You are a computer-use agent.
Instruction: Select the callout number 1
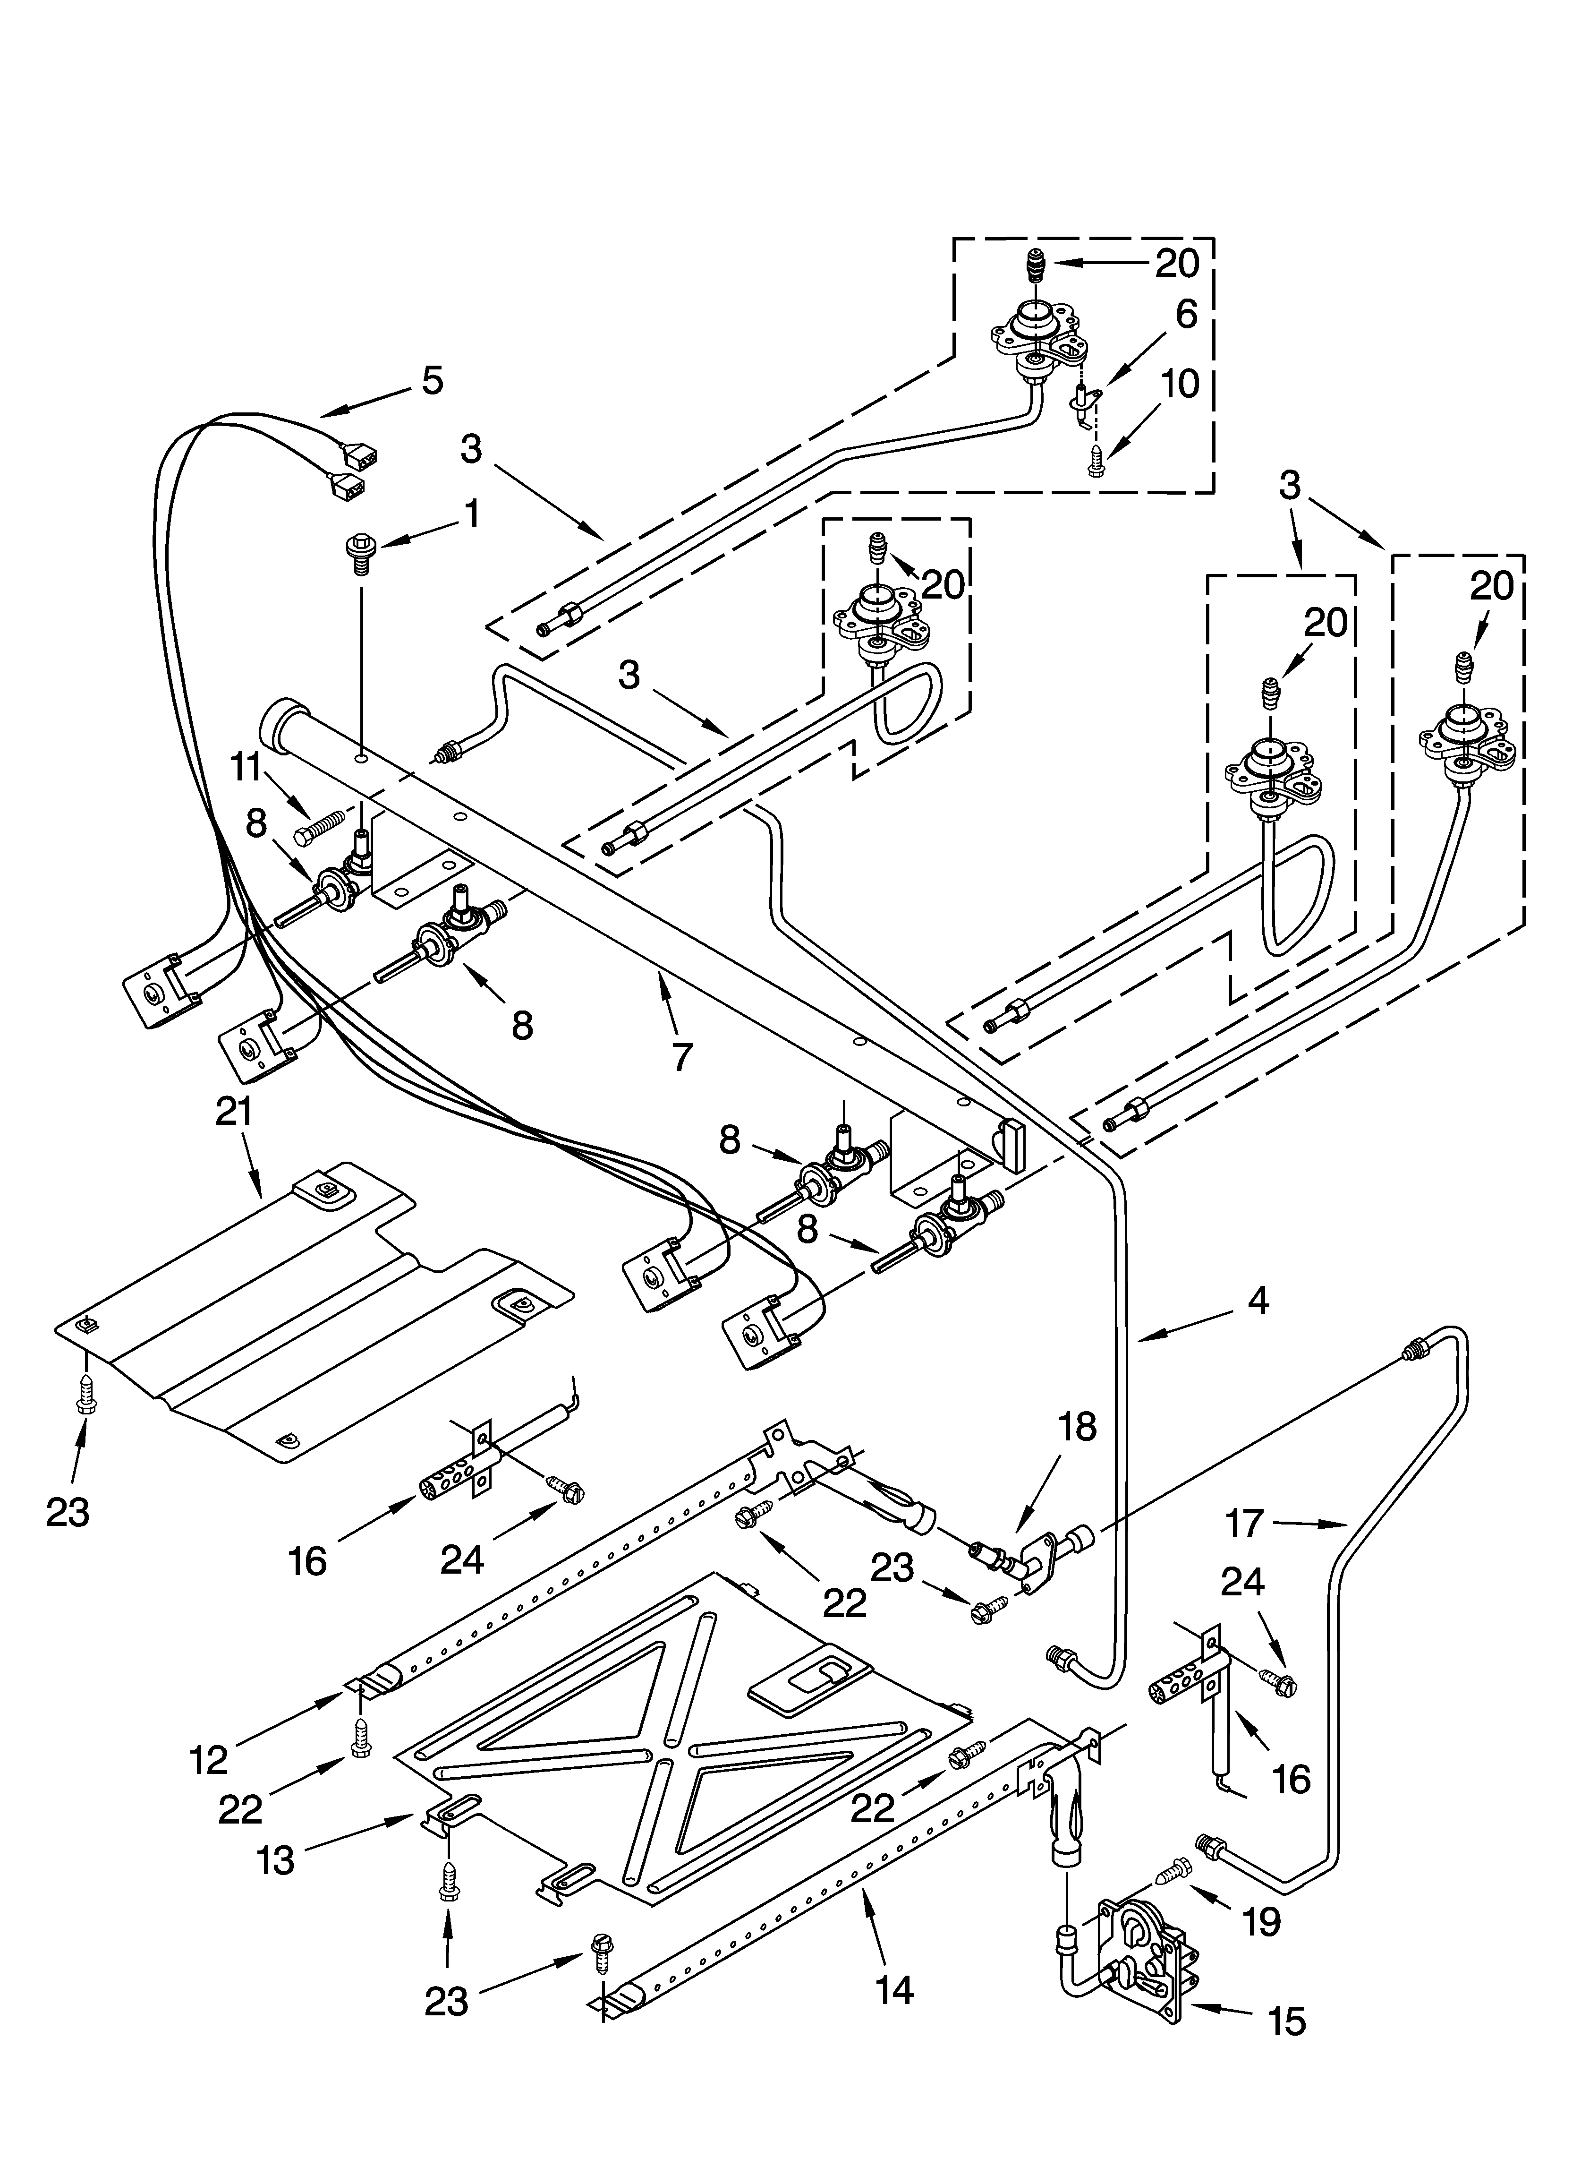click(x=471, y=515)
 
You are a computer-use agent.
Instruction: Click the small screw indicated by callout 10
click(x=1098, y=464)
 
